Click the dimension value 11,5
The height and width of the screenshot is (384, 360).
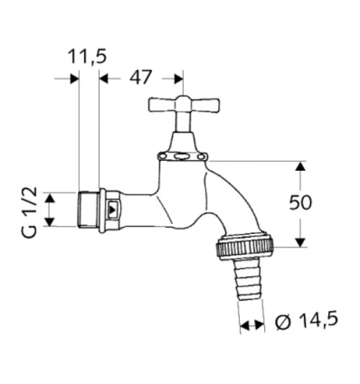[88, 56]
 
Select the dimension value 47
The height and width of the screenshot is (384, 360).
[140, 78]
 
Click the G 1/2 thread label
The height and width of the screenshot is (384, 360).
[28, 210]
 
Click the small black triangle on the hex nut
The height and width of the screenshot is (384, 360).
[111, 210]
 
